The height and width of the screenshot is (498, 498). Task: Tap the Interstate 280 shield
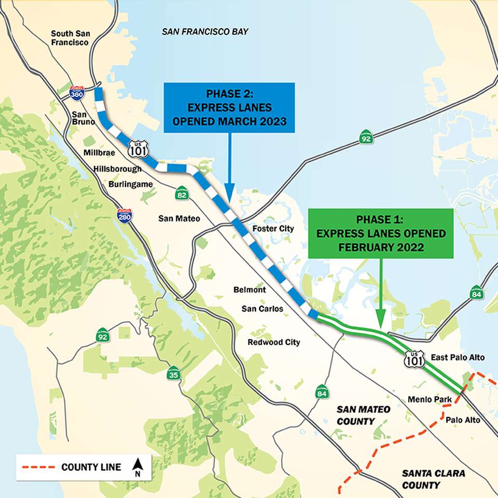124,216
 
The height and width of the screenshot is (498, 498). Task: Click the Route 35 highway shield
173,372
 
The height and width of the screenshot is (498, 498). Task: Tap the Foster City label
273,228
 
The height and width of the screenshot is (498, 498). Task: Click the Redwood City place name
273,342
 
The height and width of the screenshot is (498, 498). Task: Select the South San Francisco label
70,38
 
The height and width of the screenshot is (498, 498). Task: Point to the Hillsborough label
117,169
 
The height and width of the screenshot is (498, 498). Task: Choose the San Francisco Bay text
205,32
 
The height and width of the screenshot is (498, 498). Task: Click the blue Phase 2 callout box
229,108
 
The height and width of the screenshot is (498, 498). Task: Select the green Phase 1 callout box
381,233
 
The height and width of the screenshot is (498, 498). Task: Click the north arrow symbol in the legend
137,466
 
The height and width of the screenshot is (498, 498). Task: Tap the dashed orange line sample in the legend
38,467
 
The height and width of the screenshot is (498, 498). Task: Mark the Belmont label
250,289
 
